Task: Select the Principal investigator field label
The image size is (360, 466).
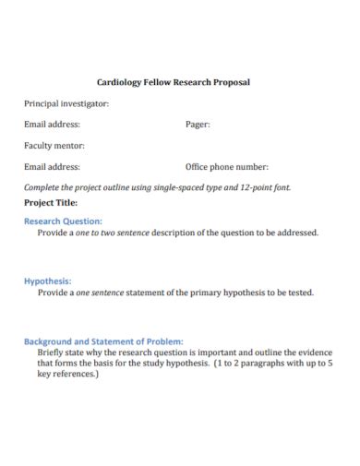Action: click(66, 102)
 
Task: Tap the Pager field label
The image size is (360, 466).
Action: click(198, 124)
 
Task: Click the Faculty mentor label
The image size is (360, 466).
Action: click(54, 146)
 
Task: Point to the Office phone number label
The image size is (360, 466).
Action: click(226, 167)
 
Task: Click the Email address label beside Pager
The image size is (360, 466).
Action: click(52, 124)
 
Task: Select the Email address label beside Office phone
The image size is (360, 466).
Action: click(52, 167)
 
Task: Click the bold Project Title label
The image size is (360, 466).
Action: click(51, 201)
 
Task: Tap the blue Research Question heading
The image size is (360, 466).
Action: click(63, 221)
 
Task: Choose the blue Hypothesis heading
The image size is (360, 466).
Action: click(47, 281)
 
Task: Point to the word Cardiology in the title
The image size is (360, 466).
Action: click(119, 82)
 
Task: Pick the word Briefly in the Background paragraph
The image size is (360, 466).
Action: click(54, 352)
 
